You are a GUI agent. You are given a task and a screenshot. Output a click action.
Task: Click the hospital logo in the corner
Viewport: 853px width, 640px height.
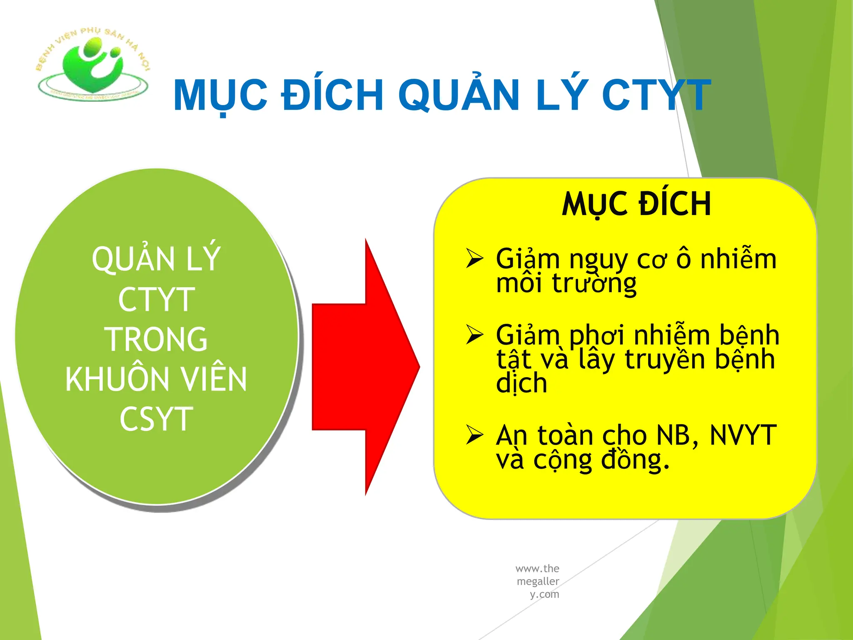click(93, 65)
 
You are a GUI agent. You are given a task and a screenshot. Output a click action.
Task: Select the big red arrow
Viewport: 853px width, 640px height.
click(366, 367)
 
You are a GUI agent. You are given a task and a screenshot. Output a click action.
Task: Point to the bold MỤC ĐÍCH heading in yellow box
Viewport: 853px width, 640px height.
click(636, 204)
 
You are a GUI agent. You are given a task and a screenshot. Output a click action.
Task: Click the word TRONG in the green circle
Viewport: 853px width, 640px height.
click(156, 339)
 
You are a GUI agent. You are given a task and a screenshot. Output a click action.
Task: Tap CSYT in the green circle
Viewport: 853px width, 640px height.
click(156, 419)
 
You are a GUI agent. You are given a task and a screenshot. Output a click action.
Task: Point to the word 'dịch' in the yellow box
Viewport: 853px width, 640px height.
click(521, 383)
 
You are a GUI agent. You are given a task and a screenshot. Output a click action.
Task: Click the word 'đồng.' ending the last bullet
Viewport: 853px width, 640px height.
click(635, 460)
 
